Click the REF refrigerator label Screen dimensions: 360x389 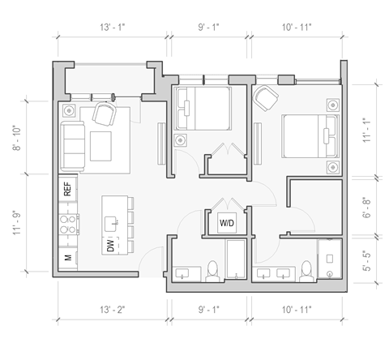point(67,190)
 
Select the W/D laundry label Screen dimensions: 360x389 point(226,221)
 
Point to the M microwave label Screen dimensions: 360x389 point(67,259)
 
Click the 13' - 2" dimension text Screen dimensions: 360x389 point(111,309)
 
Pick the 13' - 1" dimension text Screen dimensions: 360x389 point(110,28)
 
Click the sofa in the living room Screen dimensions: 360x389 point(74,144)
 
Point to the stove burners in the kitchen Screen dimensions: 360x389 point(67,223)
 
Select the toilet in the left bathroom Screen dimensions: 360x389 point(213,271)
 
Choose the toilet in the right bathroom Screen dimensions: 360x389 point(306,271)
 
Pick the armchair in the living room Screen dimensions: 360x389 point(105,114)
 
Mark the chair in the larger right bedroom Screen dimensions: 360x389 point(265,98)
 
